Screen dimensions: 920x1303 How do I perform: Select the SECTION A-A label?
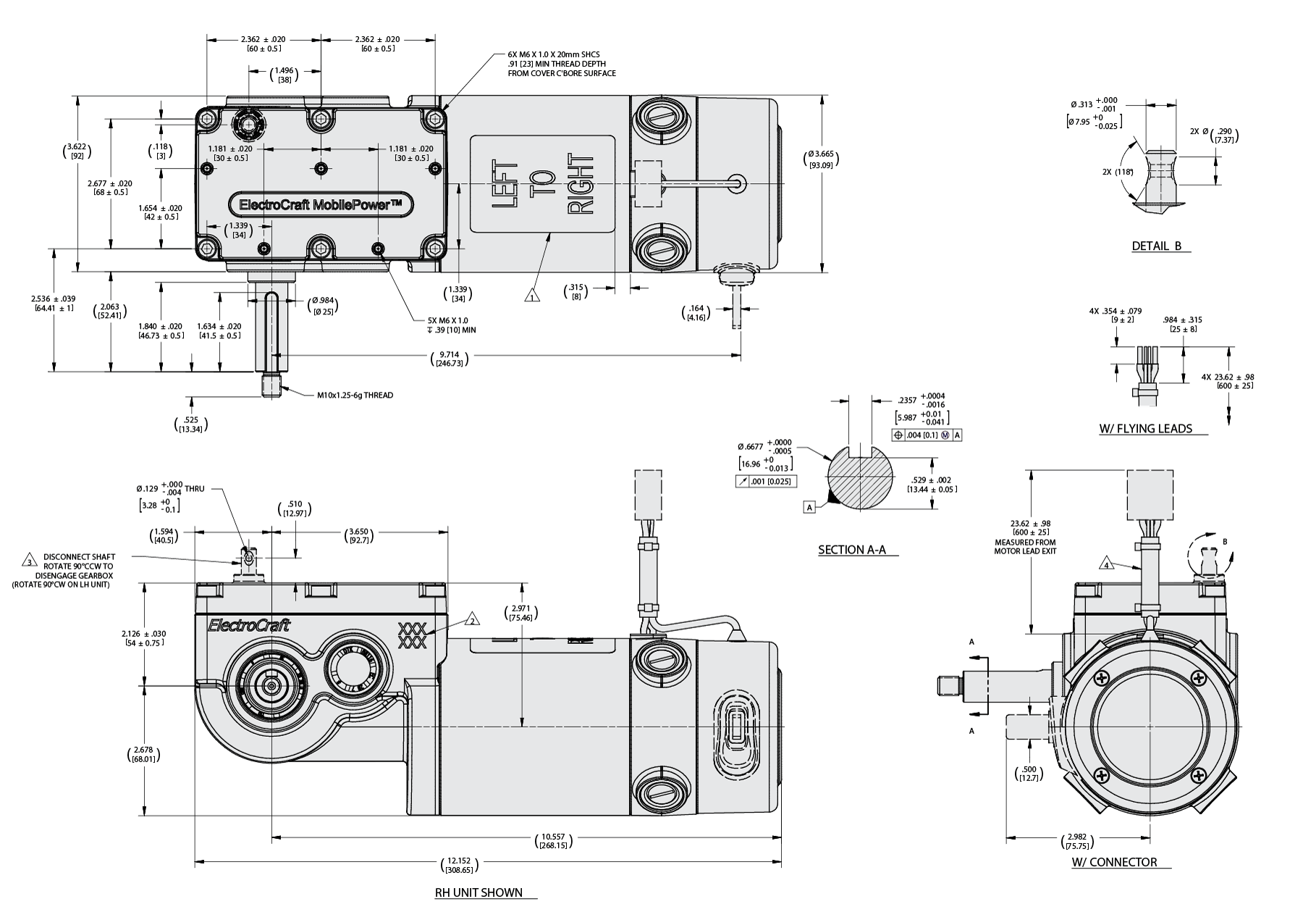pyautogui.click(x=851, y=550)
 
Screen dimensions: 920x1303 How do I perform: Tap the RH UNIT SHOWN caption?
pyautogui.click(x=478, y=892)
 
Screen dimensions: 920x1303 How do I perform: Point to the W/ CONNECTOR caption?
pyautogui.click(x=1114, y=862)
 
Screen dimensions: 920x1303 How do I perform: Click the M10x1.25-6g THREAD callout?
pyautogui.click(x=355, y=396)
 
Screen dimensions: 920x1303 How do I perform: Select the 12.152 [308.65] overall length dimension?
pyautogui.click(x=456, y=865)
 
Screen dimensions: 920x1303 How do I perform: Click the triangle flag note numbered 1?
pyautogui.click(x=532, y=296)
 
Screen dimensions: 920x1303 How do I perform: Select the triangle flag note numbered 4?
pyautogui.click(x=1106, y=564)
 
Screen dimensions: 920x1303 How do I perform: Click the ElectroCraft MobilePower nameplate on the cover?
pyautogui.click(x=321, y=205)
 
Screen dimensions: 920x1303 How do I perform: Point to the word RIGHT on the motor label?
pyautogui.click(x=581, y=184)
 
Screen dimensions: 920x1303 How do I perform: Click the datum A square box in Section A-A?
pyautogui.click(x=810, y=508)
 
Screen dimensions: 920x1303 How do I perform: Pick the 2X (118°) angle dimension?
pyautogui.click(x=1116, y=172)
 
